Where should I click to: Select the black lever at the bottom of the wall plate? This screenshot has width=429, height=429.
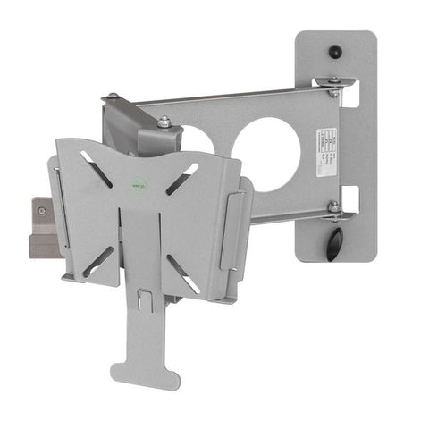tap(333, 242)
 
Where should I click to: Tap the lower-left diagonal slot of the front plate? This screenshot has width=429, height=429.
tap(96, 262)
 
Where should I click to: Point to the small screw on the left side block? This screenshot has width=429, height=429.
tap(42, 212)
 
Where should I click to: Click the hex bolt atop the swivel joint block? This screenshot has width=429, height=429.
tap(164, 123)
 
